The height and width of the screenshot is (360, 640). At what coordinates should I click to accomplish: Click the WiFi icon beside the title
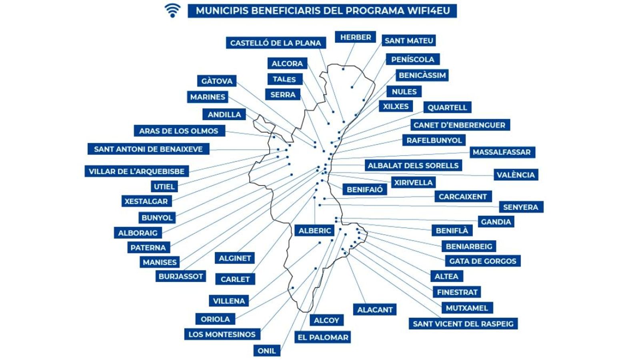point(172,10)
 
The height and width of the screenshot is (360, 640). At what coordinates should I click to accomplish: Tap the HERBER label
point(355,37)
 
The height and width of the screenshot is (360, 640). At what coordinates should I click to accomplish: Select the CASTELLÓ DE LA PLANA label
point(276,43)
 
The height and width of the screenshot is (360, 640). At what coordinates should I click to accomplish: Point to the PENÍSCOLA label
point(412,59)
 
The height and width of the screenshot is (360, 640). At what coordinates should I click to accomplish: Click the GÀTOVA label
point(217,81)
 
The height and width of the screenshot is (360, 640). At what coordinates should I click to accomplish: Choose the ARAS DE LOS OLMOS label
point(179,131)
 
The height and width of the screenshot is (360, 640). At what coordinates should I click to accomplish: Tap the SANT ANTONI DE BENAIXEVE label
point(148,149)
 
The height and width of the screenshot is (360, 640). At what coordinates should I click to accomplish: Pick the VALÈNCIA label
point(515,175)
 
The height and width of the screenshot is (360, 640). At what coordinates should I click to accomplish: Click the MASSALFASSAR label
point(502,152)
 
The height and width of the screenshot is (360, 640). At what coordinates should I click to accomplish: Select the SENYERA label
point(520,207)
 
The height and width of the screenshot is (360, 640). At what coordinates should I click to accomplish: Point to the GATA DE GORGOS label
point(482,261)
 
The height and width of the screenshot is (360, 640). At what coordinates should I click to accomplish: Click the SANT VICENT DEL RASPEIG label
point(463,324)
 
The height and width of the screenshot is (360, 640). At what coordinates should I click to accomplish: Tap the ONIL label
point(266,351)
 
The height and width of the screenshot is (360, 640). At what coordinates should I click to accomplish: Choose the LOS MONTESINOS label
point(222,334)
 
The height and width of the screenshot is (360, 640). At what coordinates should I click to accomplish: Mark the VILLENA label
point(229,301)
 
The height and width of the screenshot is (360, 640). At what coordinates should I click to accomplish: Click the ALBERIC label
point(315,230)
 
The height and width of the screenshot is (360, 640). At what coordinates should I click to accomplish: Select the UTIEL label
point(164,186)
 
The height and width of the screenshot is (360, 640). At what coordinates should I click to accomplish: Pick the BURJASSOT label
point(181,276)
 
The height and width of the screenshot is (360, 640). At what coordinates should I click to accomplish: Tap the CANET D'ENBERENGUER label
point(459,125)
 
